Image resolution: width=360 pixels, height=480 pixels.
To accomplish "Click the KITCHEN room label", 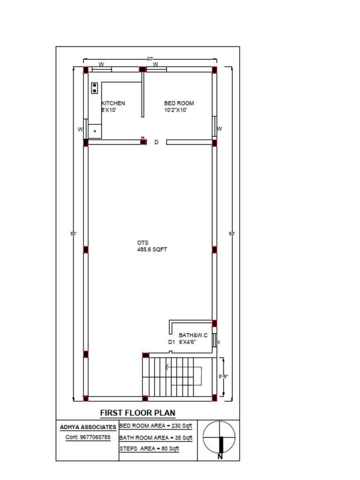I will click(x=113, y=103).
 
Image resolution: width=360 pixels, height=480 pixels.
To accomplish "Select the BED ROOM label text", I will click(x=179, y=103).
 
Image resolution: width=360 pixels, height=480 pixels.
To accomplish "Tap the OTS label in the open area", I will click(x=142, y=242).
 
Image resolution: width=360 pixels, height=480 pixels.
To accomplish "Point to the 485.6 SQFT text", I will click(x=152, y=250).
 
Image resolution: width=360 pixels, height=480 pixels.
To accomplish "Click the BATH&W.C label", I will click(x=193, y=336).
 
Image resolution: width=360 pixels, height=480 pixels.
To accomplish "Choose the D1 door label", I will click(x=171, y=342).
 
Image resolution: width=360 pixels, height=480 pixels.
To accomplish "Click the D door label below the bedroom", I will click(x=157, y=142).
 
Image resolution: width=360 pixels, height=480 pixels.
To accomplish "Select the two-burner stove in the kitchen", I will click(x=94, y=88).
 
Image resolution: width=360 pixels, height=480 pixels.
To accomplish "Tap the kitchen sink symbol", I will click(x=95, y=131).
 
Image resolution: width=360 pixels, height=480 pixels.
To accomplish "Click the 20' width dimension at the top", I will click(x=150, y=59).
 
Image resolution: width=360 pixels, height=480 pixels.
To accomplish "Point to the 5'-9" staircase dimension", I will click(x=224, y=376).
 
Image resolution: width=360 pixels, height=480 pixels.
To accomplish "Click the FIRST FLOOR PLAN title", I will click(x=138, y=413).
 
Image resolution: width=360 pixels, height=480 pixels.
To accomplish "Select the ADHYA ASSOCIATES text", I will click(x=88, y=427).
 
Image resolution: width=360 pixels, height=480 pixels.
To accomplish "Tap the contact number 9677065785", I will click(x=88, y=437).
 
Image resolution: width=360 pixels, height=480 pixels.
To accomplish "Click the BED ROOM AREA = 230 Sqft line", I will click(x=156, y=426).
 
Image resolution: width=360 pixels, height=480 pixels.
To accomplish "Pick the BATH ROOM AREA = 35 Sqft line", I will click(x=156, y=438).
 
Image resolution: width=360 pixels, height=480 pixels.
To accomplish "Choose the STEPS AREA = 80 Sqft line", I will click(x=149, y=449).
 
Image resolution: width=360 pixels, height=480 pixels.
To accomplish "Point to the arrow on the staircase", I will click(x=168, y=367).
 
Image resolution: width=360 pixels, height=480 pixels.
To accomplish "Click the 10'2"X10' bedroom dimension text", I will click(x=175, y=110).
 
